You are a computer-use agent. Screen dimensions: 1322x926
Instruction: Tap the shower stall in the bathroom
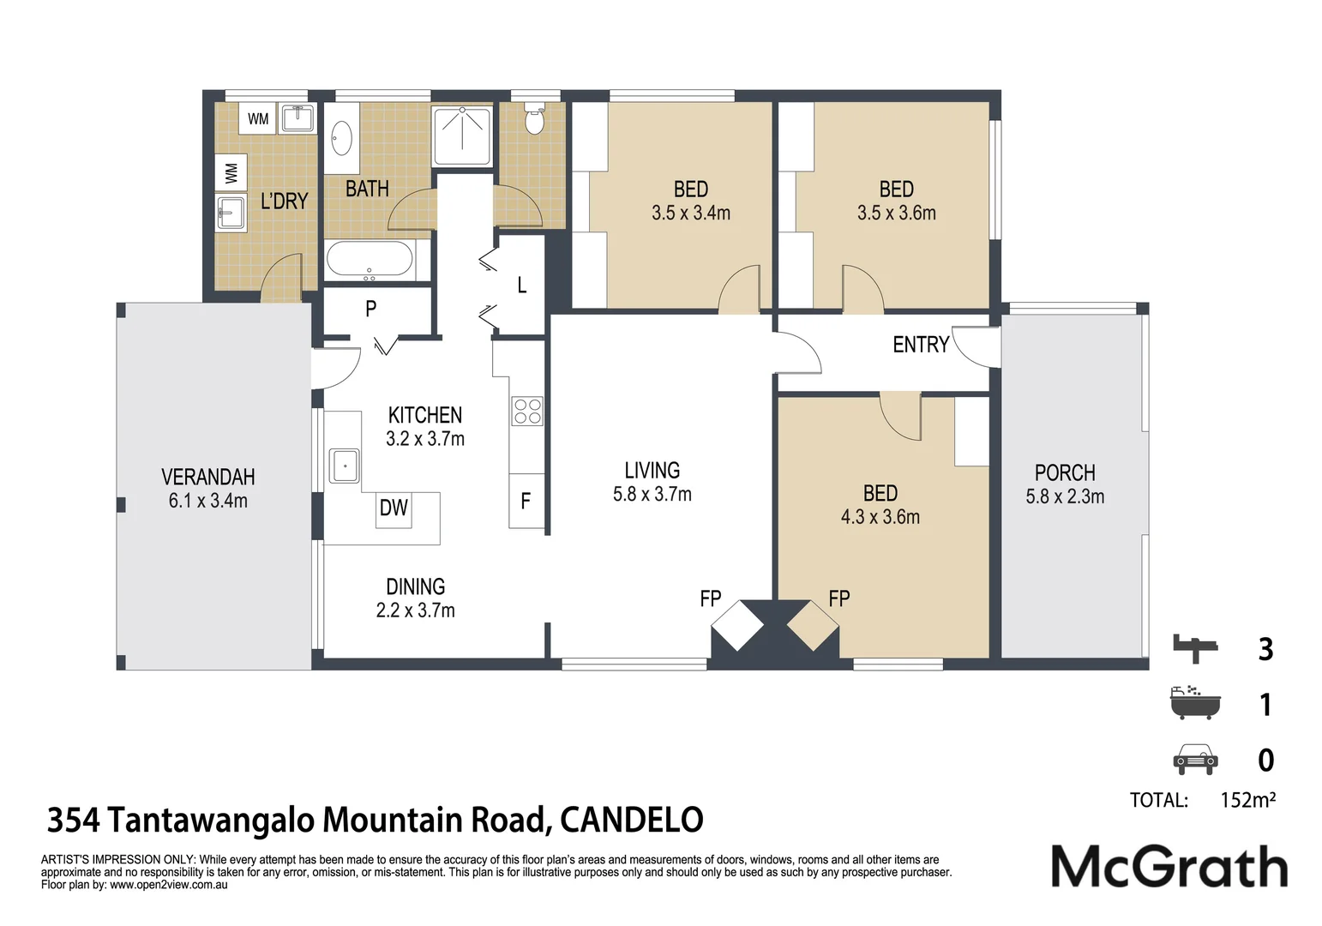pyautogui.click(x=462, y=136)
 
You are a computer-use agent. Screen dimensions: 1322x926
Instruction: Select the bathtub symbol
pyautogui.click(x=370, y=261)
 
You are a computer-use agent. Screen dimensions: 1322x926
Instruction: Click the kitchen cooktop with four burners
pyautogui.click(x=527, y=411)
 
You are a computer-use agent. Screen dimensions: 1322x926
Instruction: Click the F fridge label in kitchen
pyautogui.click(x=526, y=501)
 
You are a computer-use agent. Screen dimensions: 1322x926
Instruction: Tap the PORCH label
pyautogui.click(x=1065, y=472)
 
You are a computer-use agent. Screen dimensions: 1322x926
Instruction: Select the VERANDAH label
pyautogui.click(x=208, y=476)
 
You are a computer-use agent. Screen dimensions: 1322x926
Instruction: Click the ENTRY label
pyautogui.click(x=921, y=344)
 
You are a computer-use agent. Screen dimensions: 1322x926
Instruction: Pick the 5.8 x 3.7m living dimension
pyautogui.click(x=652, y=494)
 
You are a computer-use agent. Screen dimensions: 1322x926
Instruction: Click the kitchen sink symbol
pyautogui.click(x=344, y=466)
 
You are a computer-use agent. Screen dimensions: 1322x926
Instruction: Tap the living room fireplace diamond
pyautogui.click(x=737, y=626)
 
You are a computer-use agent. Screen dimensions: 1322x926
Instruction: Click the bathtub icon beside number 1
pyautogui.click(x=1195, y=702)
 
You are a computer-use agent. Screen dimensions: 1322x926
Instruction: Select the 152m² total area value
pyautogui.click(x=1248, y=800)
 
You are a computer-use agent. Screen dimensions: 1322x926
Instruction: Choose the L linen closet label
pyautogui.click(x=522, y=286)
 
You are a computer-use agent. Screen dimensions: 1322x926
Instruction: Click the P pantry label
pyautogui.click(x=370, y=308)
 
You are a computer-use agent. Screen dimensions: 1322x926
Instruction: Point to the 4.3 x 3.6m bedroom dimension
pyautogui.click(x=880, y=517)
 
